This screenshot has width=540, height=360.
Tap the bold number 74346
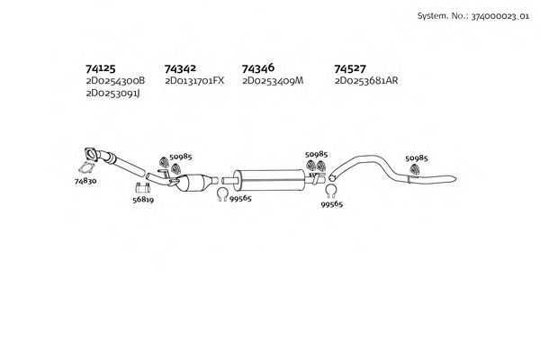tap(259, 67)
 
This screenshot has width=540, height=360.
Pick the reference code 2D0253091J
tap(113, 94)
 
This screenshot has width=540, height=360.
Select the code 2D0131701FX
tap(194, 81)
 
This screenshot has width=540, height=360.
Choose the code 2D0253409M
tap(273, 81)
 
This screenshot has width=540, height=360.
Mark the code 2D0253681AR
tap(366, 81)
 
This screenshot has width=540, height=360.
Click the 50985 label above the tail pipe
tap(416, 157)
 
